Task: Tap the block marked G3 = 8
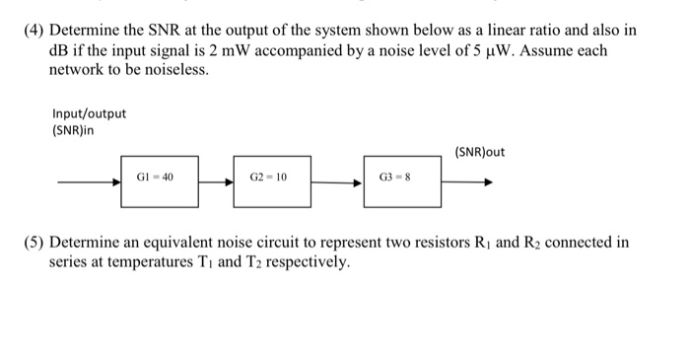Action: coord(401,180)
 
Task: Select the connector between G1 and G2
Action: coord(216,181)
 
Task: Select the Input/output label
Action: coord(88,113)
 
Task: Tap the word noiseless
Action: coord(170,69)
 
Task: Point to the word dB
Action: coord(60,49)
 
